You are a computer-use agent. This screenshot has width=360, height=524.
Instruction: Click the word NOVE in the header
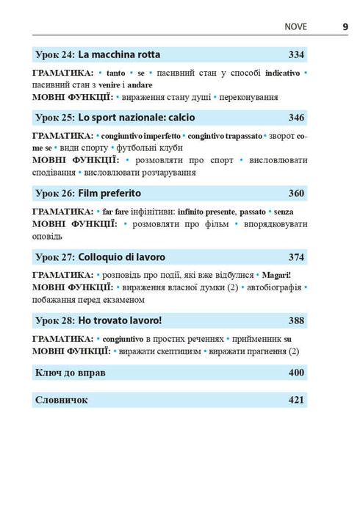296,27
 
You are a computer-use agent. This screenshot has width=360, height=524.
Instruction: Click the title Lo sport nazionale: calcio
137,117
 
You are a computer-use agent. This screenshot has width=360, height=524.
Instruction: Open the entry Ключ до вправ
70,373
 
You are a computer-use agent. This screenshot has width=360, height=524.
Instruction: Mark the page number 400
296,373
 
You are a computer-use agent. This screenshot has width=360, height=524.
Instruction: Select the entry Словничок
61,400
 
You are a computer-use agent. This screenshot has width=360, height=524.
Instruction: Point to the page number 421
296,400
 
